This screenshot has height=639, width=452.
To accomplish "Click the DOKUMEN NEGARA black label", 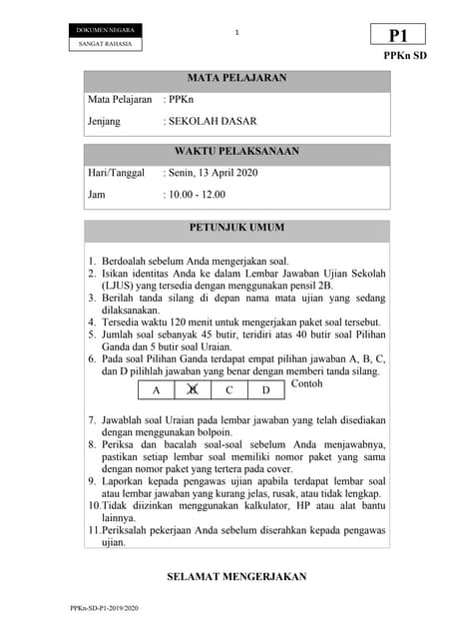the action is (105, 31).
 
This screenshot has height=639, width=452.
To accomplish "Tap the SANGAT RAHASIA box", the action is (105, 44).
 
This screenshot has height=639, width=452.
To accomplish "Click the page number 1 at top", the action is (237, 34).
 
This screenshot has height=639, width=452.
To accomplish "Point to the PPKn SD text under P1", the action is (405, 56).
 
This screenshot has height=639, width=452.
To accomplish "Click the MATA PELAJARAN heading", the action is (236, 78).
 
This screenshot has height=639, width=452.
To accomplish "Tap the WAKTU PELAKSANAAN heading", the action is (236, 152).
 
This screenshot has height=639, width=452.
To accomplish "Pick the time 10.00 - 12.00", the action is (198, 195).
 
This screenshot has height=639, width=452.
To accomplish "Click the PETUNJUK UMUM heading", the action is (236, 229).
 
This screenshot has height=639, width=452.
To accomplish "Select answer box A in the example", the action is (155, 390).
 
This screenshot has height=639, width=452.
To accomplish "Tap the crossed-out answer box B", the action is (193, 390).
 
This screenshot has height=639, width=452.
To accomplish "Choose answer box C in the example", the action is (229, 390).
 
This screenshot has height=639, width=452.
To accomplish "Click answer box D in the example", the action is (266, 390).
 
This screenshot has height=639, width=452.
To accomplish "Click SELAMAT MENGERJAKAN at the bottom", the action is (236, 577).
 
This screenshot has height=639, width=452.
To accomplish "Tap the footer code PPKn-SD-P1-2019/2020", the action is (105, 608).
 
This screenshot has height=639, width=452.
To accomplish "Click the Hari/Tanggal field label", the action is (116, 173).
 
